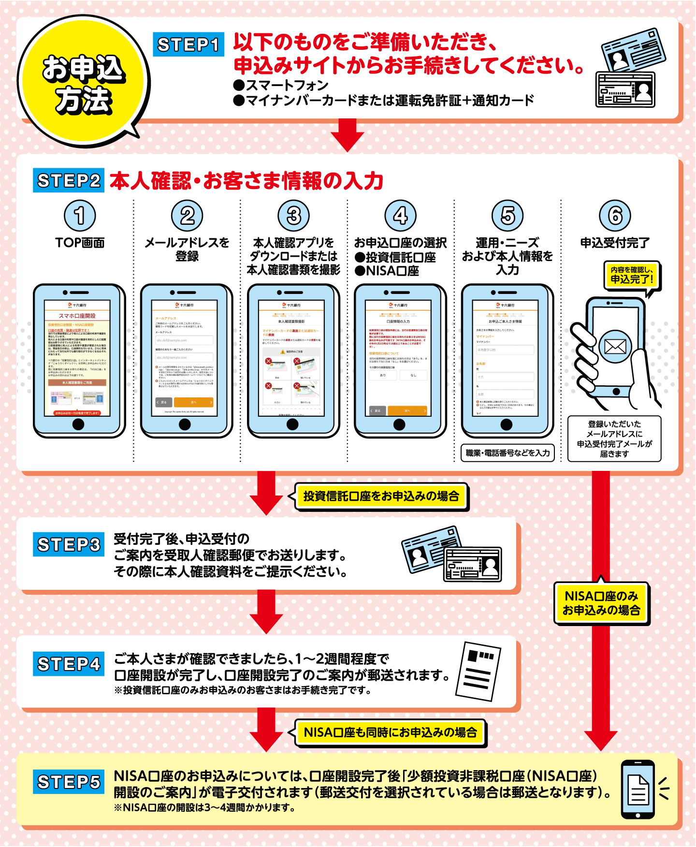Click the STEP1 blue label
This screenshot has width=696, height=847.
coord(188,44)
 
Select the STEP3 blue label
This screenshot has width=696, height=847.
coord(69,544)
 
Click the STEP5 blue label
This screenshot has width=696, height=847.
coord(69,782)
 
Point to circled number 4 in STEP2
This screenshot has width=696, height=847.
coord(400,216)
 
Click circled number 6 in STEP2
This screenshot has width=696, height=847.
coord(614,216)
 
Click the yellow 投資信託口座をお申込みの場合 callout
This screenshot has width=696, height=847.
coord(381,496)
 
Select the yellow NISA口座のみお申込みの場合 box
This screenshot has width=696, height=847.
coord(601,603)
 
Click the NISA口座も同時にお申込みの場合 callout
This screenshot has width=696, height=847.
coord(390,732)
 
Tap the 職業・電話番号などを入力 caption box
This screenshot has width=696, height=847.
coord(507,453)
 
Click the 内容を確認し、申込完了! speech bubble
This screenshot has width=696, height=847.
coord(632,275)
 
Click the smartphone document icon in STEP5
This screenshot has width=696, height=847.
coord(638,789)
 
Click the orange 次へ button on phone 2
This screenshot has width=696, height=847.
coord(193,402)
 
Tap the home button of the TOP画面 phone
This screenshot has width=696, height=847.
coord(78,424)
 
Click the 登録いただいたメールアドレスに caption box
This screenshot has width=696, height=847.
coord(614,438)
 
